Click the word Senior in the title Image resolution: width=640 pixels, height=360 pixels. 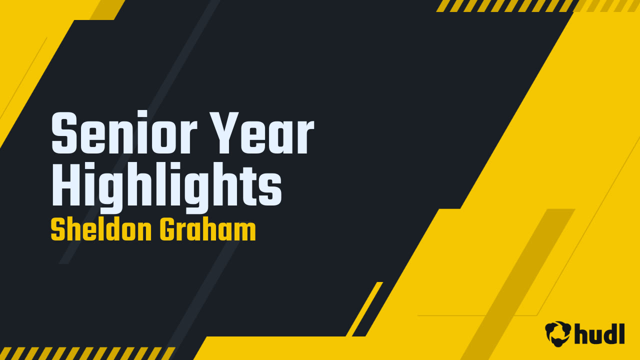point(124,132)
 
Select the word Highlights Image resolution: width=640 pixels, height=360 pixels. point(167,187)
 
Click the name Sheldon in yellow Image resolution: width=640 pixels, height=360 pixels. point(101,229)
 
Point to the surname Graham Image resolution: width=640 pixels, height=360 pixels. point(207,229)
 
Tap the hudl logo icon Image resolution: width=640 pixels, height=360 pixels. point(558,333)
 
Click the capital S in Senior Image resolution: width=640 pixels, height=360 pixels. point(64,133)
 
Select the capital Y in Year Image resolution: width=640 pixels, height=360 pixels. point(224,133)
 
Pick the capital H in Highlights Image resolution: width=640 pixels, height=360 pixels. point(66,183)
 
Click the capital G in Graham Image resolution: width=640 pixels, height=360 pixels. point(168,229)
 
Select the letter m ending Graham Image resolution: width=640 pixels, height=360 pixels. point(245,232)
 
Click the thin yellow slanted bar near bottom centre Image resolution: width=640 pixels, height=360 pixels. point(364,309)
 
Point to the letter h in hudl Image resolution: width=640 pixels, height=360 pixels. point(581,333)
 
